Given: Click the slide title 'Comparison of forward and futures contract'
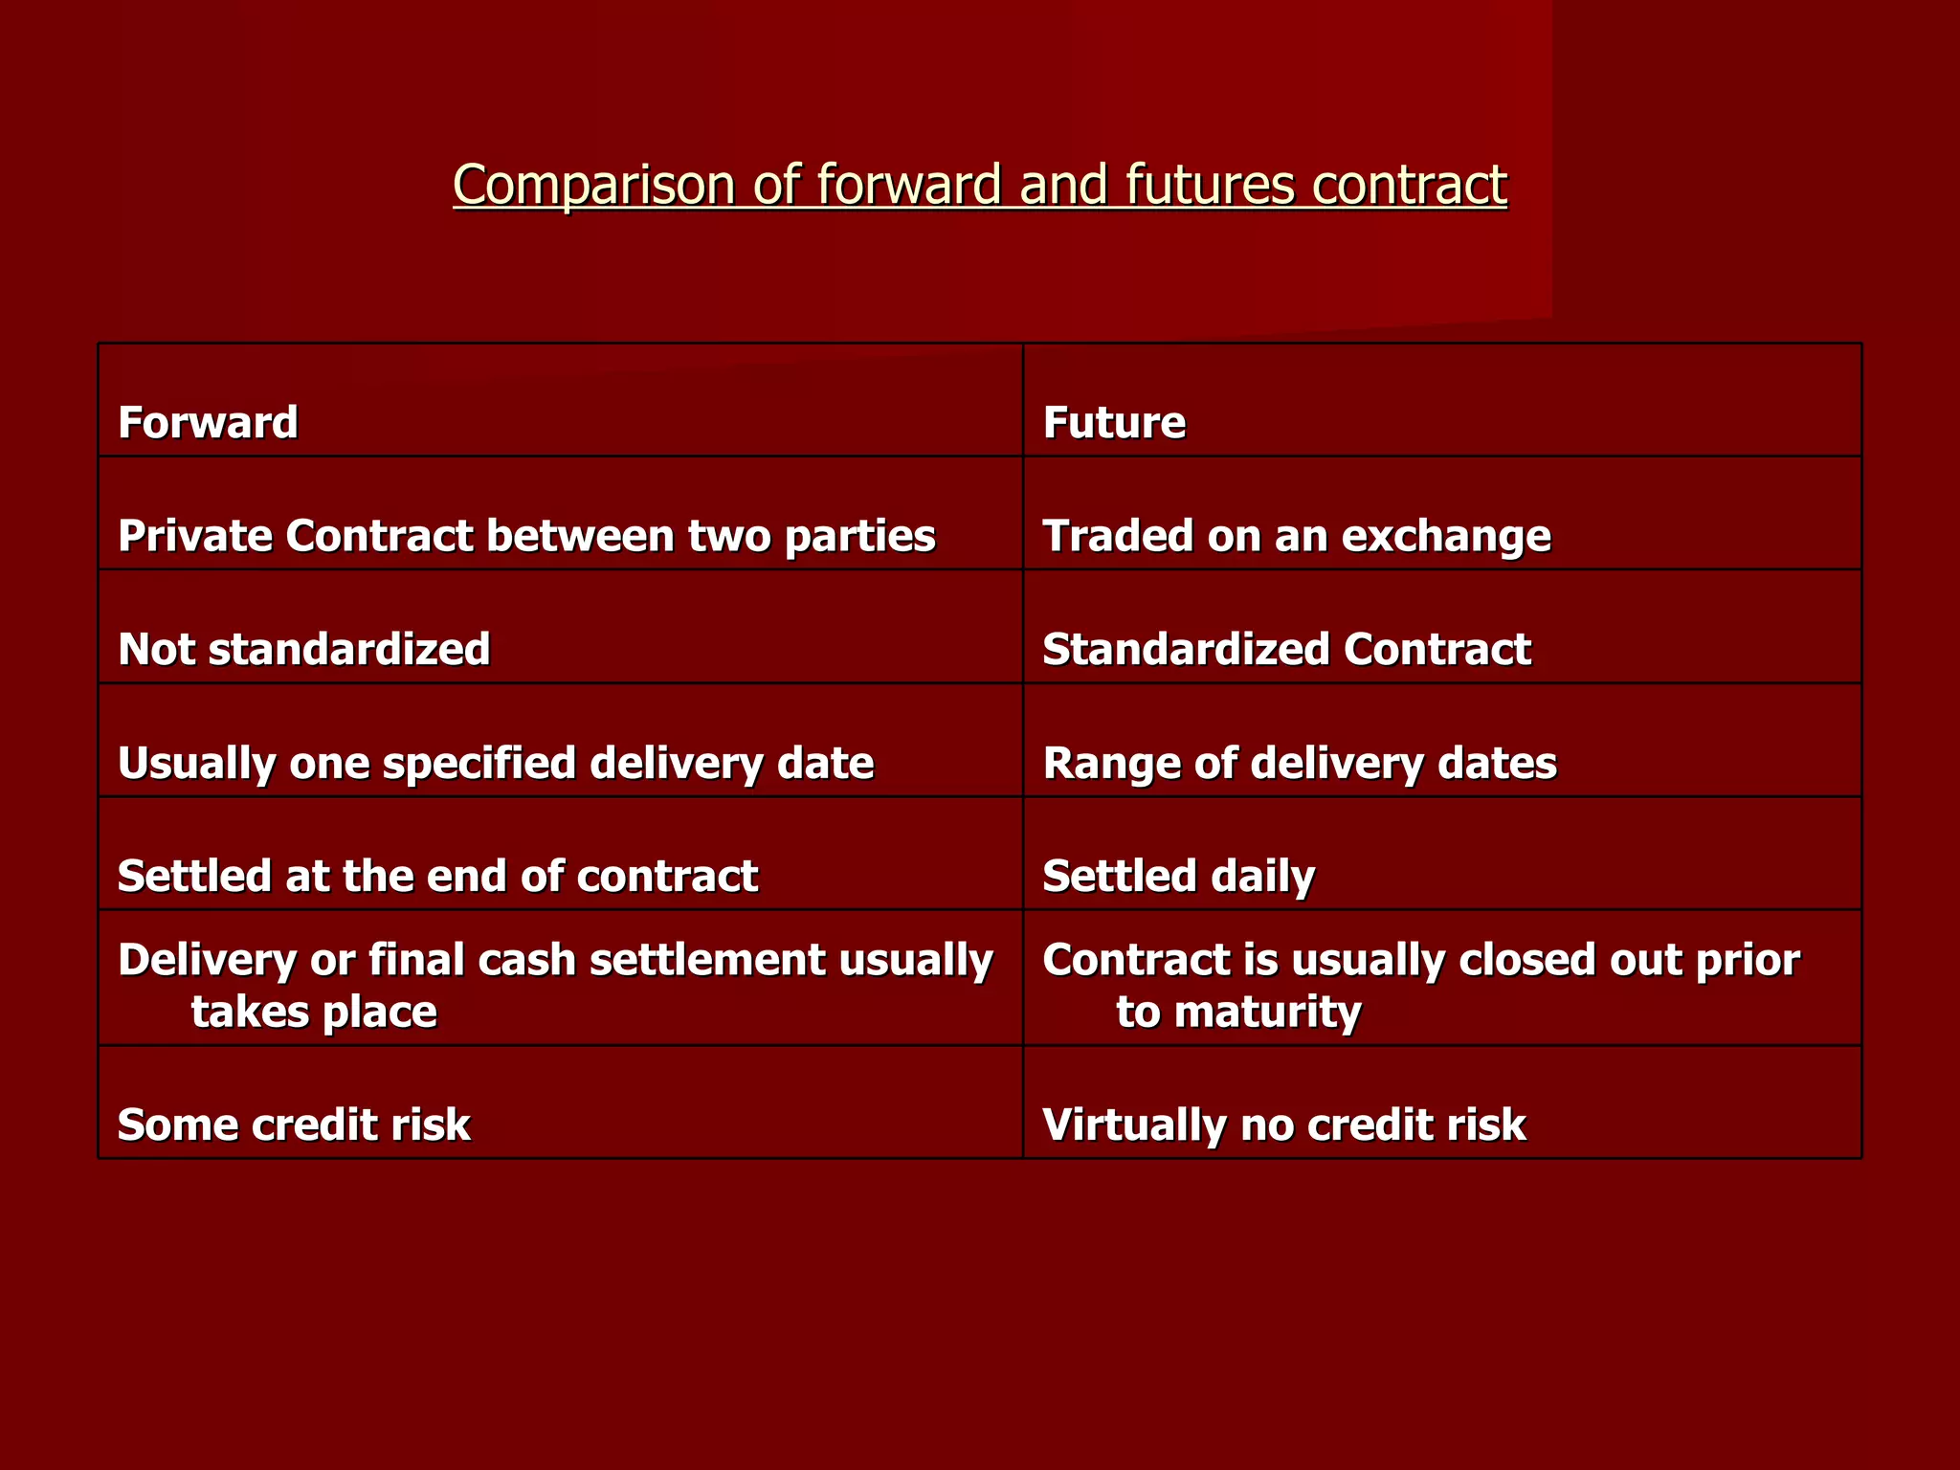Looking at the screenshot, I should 979,184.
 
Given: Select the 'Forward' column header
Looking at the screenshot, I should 208,422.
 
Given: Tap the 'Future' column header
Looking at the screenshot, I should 1114,422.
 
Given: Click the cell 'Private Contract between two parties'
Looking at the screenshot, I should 526,536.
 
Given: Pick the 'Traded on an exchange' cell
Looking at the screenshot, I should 1296,536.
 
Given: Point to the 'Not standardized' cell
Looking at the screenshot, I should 303,649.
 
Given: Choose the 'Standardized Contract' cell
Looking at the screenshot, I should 1286,649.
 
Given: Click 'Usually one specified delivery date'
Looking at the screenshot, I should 496,763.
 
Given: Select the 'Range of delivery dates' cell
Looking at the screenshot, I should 1300,763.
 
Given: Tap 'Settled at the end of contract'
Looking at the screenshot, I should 437,876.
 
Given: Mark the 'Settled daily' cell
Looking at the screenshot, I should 1178,876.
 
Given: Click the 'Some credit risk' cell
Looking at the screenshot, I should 294,1125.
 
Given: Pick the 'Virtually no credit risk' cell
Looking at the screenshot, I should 1283,1125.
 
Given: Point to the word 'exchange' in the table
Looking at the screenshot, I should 1445,536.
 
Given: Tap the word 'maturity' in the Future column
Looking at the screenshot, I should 1267,1013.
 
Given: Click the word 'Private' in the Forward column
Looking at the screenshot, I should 194,536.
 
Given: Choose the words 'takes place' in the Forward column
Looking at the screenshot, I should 314,1013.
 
